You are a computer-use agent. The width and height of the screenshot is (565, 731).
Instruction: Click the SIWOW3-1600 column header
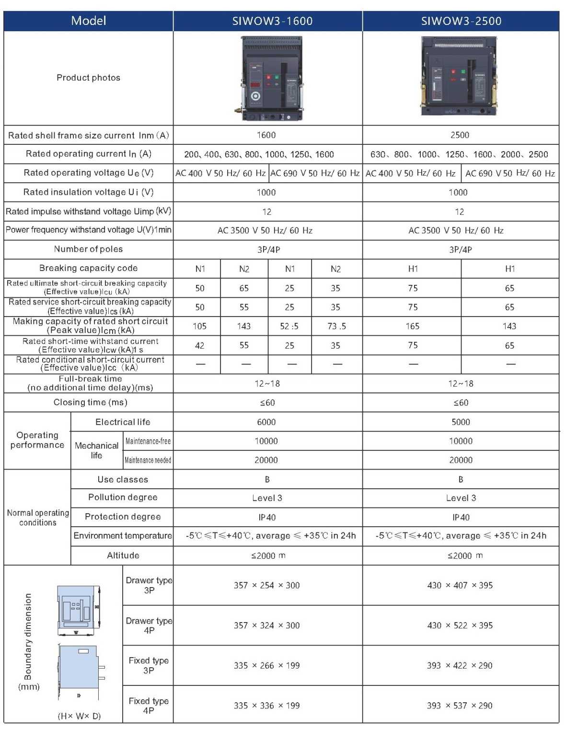272,21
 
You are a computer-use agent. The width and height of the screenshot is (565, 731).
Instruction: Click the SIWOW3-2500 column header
461,21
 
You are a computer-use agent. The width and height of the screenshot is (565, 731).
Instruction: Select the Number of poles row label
88,249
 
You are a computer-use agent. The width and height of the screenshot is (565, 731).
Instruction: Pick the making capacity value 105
199,326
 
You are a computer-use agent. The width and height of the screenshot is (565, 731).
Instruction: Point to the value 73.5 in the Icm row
336,326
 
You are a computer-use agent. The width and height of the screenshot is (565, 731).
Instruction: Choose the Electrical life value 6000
266,422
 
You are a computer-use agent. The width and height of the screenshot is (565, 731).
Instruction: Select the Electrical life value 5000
461,422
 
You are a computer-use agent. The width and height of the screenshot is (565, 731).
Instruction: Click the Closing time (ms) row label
90,402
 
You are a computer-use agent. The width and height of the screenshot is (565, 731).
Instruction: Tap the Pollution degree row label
123,497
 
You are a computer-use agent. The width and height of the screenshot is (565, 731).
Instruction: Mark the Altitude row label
123,555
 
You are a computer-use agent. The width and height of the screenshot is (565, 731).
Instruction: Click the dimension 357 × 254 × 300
266,585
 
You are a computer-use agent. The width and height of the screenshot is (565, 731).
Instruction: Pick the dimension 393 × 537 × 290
460,706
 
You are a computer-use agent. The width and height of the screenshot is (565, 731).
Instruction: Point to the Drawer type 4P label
149,625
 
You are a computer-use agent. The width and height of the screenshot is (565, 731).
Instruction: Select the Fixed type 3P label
149,665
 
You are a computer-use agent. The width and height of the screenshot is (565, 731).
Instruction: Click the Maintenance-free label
148,441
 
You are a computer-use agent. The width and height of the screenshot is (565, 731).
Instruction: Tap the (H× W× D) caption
79,716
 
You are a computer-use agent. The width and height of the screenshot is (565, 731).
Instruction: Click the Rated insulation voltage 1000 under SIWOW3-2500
458,192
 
